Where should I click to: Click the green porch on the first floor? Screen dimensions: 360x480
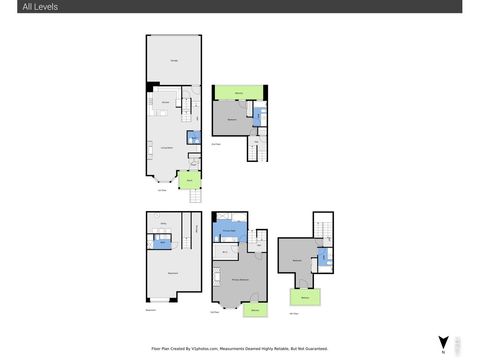coord(187,181)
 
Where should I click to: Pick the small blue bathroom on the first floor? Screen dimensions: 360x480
coord(193,138)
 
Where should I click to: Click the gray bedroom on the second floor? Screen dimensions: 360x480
coord(232,119)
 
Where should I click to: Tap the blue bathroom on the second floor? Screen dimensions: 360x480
coord(258,117)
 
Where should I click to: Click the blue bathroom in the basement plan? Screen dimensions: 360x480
coord(162,242)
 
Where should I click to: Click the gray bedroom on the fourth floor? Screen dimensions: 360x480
coord(297,261)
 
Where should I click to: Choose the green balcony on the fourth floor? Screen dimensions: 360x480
coord(304,297)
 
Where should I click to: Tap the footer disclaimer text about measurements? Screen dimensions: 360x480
coord(240,349)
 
